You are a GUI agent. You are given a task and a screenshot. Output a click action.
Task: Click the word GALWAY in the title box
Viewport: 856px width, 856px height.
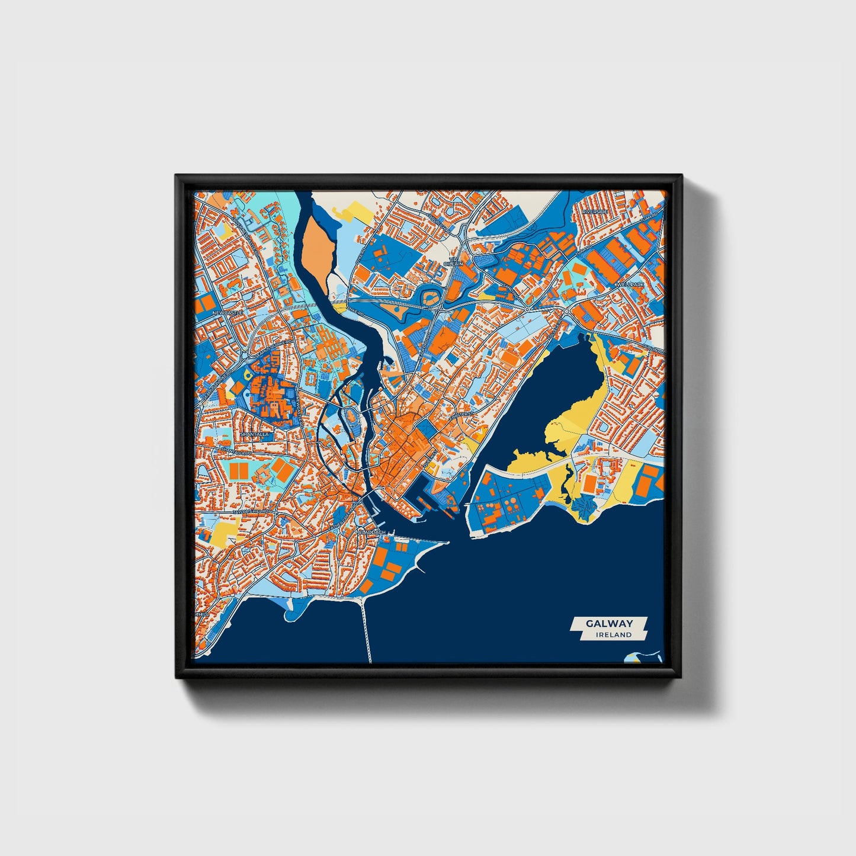point(609,623)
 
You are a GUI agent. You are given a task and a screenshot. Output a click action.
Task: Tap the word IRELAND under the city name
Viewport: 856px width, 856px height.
point(614,634)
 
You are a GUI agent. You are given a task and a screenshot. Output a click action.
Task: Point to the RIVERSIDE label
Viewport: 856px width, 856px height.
point(595,211)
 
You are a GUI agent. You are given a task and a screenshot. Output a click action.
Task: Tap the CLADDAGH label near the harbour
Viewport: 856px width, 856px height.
point(373,532)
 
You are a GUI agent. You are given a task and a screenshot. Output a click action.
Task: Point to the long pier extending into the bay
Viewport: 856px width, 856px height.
point(366,628)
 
